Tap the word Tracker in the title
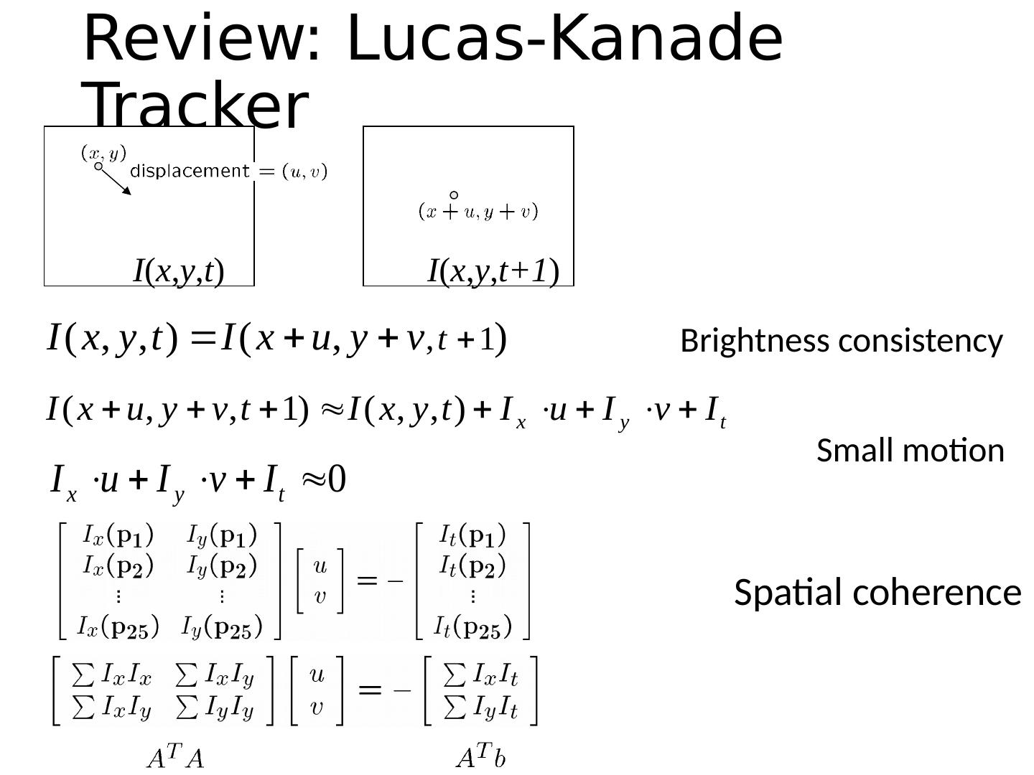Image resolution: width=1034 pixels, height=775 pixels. pos(195,106)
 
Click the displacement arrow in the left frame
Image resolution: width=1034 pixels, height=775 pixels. pos(116,181)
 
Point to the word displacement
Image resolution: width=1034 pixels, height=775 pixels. pos(190,171)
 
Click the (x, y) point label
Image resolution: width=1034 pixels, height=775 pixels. pos(103,153)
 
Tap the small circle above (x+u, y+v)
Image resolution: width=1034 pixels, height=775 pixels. pos(454,195)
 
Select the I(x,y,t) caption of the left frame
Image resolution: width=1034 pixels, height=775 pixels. pos(180,271)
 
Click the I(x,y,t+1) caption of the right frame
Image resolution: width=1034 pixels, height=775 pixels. pos(493,271)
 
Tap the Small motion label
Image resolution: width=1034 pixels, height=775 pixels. pos(910,451)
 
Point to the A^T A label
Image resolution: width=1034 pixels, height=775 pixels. pos(175,757)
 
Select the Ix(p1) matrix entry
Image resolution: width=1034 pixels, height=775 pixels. pos(118,535)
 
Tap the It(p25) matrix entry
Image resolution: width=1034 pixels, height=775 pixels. pos(472,627)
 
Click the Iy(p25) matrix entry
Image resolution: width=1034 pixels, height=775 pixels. pos(222,627)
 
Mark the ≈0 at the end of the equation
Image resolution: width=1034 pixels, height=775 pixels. pos(325,479)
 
